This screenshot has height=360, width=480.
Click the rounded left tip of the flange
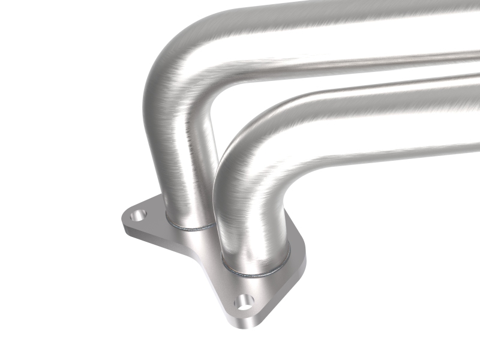124,220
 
